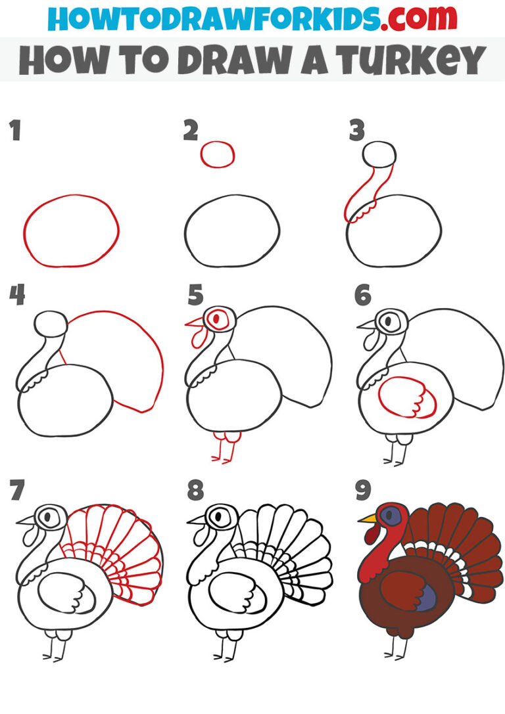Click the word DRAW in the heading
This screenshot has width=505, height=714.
pos(224,60)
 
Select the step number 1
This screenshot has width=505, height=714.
pos(14,131)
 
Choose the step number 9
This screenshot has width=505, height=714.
pos(362,490)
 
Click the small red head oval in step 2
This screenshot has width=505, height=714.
pos(218,155)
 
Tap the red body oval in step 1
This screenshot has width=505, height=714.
pos(71,231)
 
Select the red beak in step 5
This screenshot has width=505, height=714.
pos(195,323)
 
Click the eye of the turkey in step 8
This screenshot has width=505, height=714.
pos(217,516)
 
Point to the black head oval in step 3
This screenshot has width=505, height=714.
pos(379,154)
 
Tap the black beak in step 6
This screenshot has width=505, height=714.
pos(365,324)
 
